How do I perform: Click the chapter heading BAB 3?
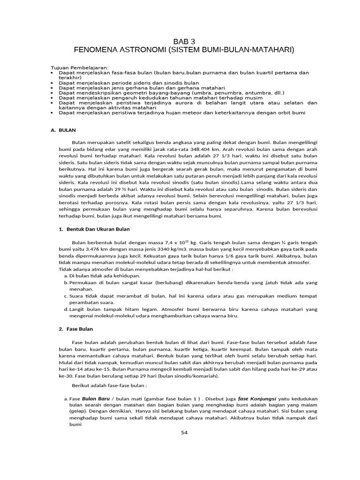coord(183,41)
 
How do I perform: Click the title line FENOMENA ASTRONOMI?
coord(183,50)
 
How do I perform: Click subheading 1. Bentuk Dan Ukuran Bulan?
coord(94,229)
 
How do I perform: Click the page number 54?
coord(184,432)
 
